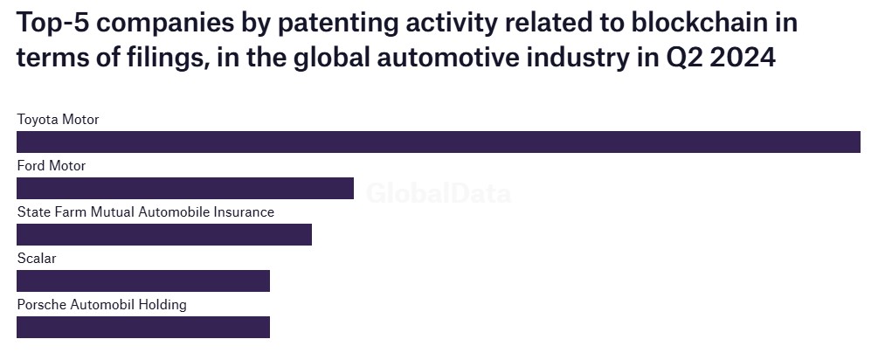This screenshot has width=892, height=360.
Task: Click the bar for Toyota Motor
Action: [439, 142]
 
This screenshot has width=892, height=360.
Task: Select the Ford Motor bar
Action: [185, 188]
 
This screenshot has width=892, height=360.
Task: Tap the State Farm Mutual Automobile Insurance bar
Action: [164, 234]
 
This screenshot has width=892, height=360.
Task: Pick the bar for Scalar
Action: [143, 280]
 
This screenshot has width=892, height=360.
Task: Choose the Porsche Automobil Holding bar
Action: [143, 327]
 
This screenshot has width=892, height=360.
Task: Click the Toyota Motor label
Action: [59, 119]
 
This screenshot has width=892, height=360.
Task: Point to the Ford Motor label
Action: [52, 165]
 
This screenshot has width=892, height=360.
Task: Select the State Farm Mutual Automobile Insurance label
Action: [146, 211]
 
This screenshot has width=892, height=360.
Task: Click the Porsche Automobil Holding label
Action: [102, 304]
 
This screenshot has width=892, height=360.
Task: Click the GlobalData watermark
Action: [439, 193]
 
